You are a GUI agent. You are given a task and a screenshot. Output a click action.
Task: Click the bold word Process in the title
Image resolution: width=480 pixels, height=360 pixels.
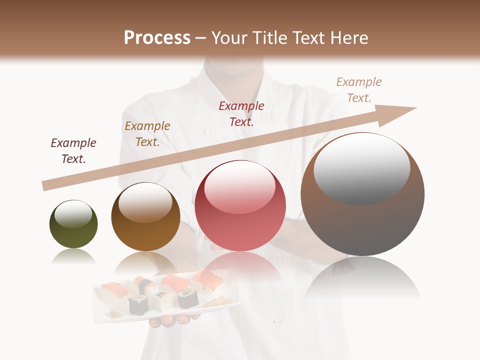click(x=157, y=38)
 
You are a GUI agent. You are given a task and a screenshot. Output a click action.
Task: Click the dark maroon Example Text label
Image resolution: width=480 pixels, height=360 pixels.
click(x=73, y=151)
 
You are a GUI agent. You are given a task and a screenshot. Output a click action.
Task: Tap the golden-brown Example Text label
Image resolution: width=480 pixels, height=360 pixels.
click(x=147, y=134)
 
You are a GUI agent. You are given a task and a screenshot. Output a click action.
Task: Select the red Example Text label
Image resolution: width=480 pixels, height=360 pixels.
click(x=241, y=114)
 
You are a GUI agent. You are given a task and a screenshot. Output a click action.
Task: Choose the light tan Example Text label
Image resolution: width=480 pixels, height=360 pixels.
click(x=359, y=90)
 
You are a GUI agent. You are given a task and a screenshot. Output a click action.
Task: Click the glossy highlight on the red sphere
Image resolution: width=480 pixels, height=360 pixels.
click(x=240, y=185)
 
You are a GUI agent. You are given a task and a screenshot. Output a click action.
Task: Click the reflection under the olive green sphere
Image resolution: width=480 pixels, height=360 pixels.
click(x=73, y=256)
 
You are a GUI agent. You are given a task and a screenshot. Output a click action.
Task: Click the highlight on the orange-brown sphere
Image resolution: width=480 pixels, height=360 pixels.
click(x=145, y=201)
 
